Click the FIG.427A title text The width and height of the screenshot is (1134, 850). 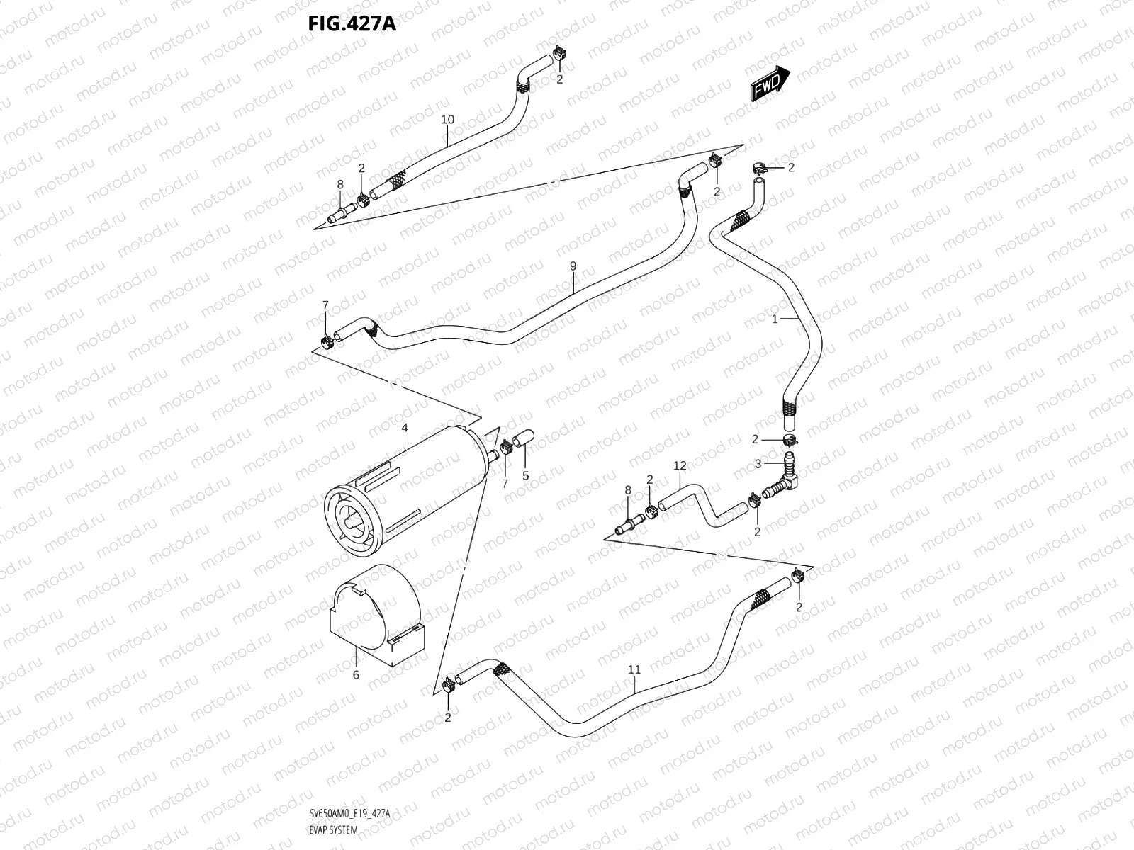point(352,25)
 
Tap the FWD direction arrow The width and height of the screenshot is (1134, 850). point(769,84)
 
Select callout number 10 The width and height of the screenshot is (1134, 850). point(447,119)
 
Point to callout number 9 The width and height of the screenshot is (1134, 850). point(573,266)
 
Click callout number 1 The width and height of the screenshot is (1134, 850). point(775,319)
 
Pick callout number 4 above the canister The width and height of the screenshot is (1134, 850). point(404,428)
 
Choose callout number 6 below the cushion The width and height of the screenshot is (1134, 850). point(356,675)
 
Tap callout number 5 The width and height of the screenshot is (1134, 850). point(525,476)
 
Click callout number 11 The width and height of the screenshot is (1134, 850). point(634,669)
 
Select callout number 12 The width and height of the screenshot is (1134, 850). point(680,465)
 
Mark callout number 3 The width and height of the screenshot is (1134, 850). point(758,463)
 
